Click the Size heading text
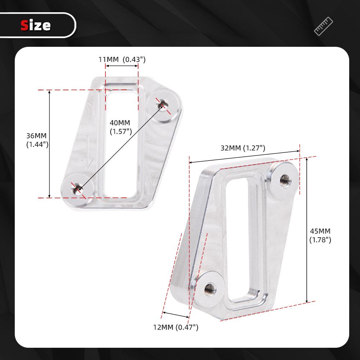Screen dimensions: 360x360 (36, 26)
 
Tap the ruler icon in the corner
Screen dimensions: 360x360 (323, 26)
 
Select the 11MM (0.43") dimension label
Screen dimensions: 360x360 (122, 59)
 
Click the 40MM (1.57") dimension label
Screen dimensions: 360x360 (120, 127)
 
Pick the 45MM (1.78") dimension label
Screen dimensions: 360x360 (320, 235)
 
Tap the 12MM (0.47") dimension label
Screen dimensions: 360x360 (176, 327)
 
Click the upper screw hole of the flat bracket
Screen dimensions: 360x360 (161, 105)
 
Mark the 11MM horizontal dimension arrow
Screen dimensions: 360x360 (122, 66)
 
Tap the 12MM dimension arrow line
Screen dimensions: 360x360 (176, 315)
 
